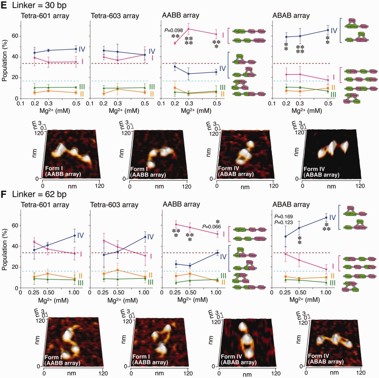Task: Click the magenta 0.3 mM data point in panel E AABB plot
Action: point(189,29)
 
